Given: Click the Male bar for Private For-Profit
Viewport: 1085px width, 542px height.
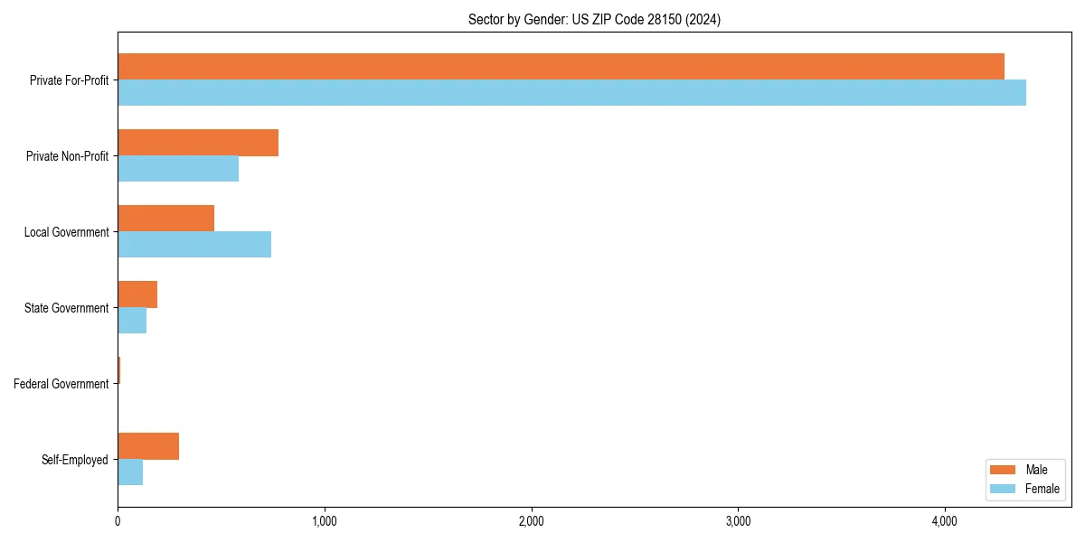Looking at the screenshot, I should (x=561, y=66).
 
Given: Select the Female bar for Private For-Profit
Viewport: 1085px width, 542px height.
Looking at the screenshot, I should (x=571, y=92).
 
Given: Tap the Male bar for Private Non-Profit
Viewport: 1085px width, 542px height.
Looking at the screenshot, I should (x=198, y=143).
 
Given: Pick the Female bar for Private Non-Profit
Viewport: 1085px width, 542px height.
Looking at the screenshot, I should (x=178, y=169).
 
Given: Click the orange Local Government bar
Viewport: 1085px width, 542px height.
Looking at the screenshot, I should (x=165, y=219).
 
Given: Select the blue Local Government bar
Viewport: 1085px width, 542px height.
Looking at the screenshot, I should (x=194, y=245).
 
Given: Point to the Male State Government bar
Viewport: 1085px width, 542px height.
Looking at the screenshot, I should (x=137, y=294).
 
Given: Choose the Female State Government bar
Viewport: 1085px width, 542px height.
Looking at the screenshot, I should (x=132, y=321).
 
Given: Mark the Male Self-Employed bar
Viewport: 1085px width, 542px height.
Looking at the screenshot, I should (x=148, y=446).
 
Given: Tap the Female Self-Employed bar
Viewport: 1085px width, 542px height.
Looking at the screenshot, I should (x=130, y=472).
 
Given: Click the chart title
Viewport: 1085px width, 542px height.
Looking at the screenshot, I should (x=594, y=19).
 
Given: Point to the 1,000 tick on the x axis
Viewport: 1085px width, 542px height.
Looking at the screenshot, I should (x=324, y=521).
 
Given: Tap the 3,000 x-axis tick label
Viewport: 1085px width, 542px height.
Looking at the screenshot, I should (x=738, y=521).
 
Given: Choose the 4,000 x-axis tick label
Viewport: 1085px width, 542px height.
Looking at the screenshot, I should (x=945, y=521).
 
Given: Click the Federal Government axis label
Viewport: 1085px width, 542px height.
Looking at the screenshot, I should (x=61, y=384).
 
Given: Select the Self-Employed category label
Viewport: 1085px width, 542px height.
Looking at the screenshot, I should (x=74, y=460).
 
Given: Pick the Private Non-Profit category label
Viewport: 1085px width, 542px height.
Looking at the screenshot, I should (x=67, y=156).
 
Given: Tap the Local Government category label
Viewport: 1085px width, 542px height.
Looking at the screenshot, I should (x=66, y=232).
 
